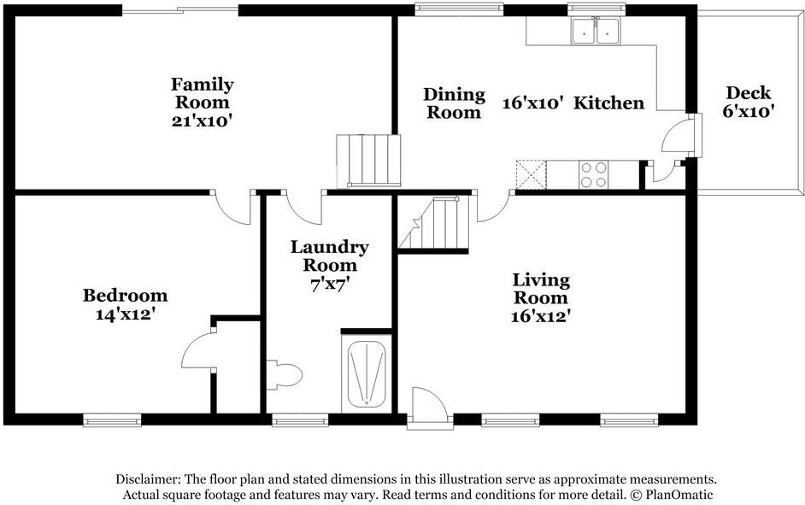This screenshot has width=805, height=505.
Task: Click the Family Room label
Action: click(x=203, y=93)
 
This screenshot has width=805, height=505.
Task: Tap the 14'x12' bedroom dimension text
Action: click(x=126, y=314)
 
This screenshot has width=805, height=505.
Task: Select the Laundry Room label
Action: click(x=330, y=256)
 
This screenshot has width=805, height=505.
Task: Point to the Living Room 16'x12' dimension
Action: click(x=541, y=315)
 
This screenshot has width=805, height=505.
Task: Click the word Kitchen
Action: click(x=609, y=103)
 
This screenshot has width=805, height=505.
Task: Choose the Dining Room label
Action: click(x=455, y=103)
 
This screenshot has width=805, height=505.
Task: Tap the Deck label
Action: click(x=749, y=93)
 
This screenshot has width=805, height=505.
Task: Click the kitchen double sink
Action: click(x=596, y=31)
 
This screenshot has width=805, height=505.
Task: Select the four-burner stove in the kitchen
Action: click(x=593, y=174)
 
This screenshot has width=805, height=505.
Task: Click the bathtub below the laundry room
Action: click(x=367, y=373)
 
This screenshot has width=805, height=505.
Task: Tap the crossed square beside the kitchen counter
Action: click(x=531, y=174)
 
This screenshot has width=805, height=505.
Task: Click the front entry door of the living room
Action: click(x=429, y=408)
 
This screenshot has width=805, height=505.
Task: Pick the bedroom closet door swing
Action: click(x=197, y=350)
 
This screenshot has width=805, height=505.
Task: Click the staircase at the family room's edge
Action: click(x=368, y=161)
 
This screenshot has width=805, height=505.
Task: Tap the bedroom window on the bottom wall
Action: click(x=113, y=420)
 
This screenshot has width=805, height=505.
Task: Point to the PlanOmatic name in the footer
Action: click(x=679, y=495)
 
